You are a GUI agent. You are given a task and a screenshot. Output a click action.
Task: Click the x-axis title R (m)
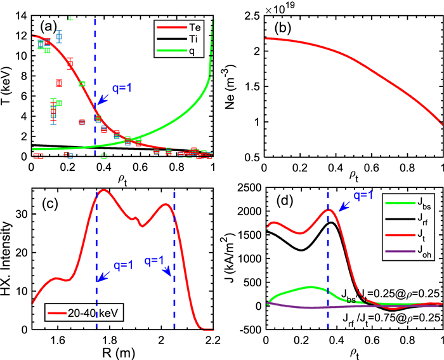(x=122, y=352)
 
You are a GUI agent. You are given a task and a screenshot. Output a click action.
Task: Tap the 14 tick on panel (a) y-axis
(x=22, y=15)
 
